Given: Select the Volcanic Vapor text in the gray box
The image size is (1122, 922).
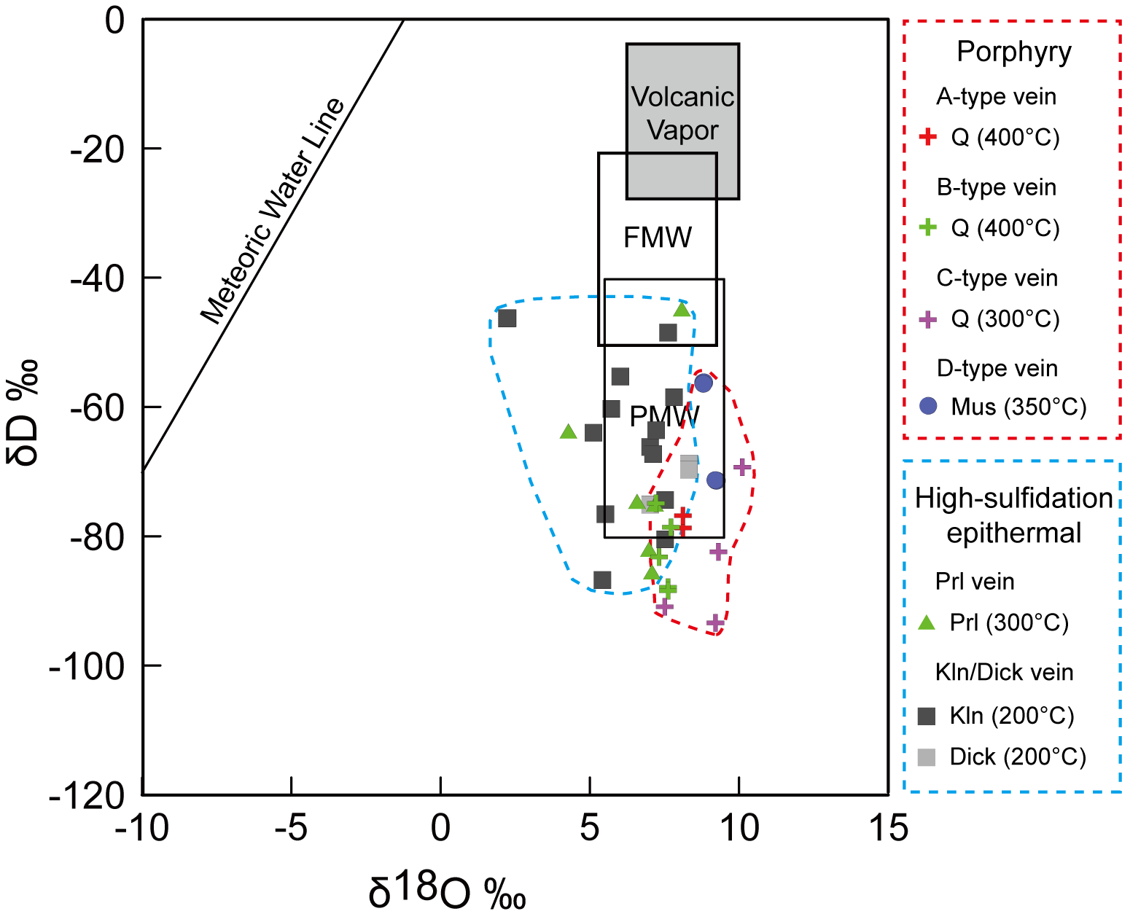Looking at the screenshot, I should point(682,114).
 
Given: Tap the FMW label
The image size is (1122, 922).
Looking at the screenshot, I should point(658,238).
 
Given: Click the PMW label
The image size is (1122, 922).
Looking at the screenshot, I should point(664,416).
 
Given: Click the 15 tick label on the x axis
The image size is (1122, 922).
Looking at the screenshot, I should point(889,829).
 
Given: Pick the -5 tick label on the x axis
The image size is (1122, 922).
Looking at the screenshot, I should point(291,829).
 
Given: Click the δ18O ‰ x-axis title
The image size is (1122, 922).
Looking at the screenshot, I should point(447,891).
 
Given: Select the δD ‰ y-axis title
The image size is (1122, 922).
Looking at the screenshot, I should point(23,413).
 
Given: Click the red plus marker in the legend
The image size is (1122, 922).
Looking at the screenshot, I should point(927,137).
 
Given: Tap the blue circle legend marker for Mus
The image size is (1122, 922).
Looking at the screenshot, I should point(927,407).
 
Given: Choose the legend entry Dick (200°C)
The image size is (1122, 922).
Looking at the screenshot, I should point(1017,757).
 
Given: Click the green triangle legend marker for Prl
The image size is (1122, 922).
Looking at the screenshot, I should point(927,622).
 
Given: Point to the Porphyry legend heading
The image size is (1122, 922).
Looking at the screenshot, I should point(1014,52).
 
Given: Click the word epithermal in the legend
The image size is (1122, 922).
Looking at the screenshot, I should point(1013,534).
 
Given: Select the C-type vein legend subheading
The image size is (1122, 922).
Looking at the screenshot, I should point(997,278).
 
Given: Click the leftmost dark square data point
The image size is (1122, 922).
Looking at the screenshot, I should point(507,319).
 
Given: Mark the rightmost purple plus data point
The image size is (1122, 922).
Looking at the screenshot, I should point(741,466).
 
